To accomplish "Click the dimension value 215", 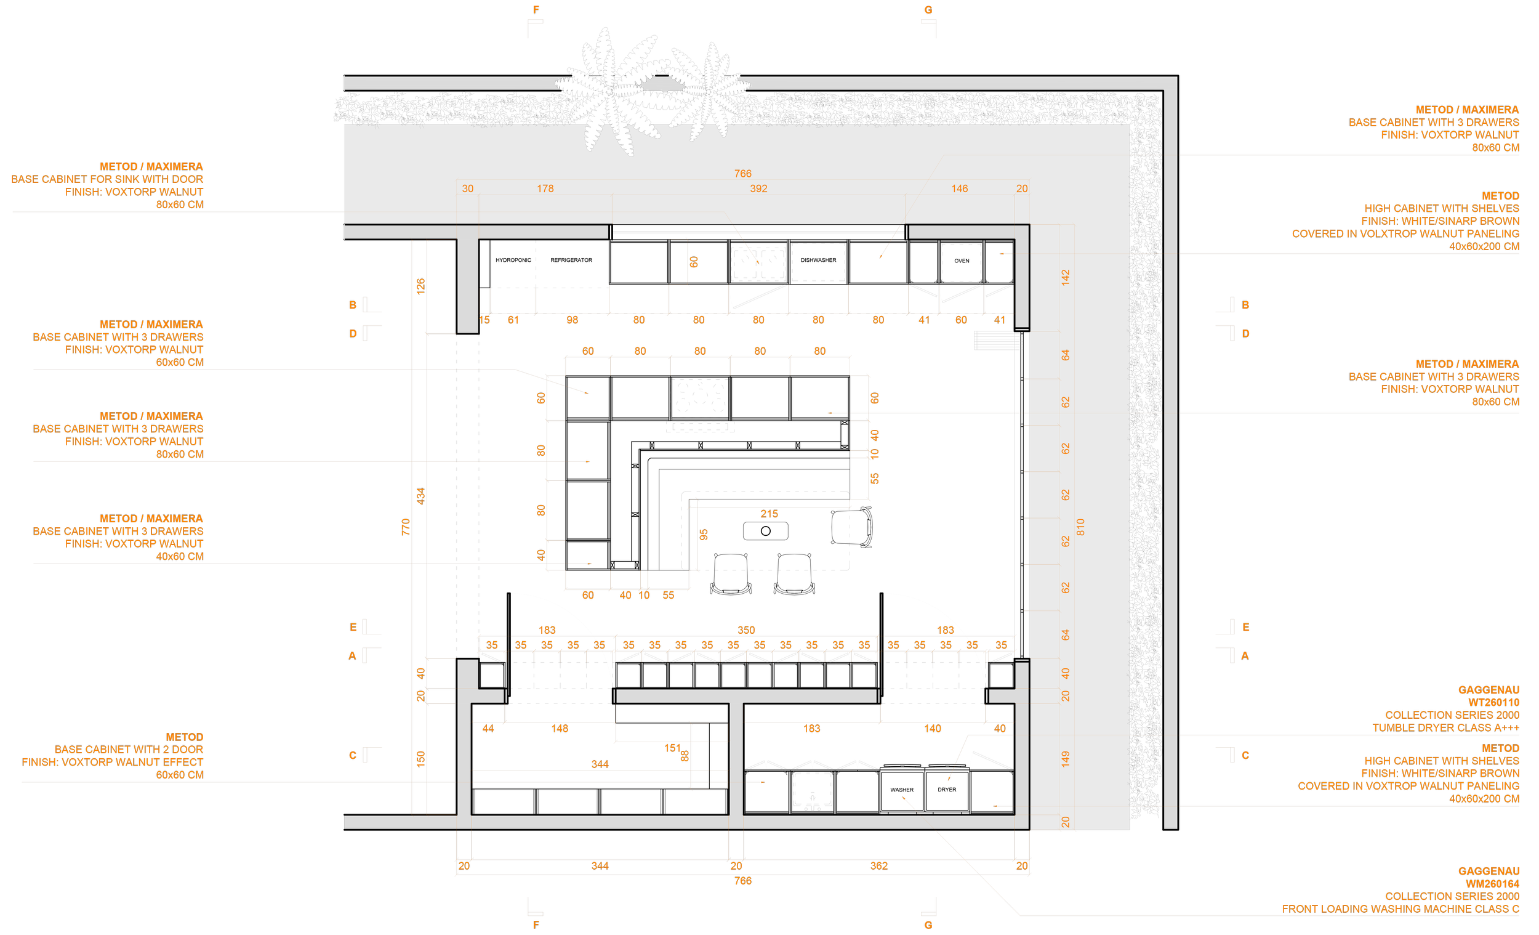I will [x=769, y=514].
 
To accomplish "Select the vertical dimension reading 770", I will [x=406, y=527].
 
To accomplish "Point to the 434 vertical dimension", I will [x=421, y=496].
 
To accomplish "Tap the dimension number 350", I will [x=745, y=630].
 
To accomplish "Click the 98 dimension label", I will [x=572, y=320].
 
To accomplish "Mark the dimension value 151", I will [x=672, y=748].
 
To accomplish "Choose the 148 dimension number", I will [x=560, y=729].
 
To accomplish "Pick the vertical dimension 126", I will [x=421, y=286].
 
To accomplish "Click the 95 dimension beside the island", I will [x=704, y=535].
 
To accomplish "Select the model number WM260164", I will [x=1492, y=884].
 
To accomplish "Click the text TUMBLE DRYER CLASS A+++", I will [x=1445, y=727].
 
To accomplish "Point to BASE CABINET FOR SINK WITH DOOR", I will [x=108, y=179].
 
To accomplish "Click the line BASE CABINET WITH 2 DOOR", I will [x=129, y=750].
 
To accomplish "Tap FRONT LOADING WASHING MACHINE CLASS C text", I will [x=1400, y=909].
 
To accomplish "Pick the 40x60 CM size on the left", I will [x=179, y=556].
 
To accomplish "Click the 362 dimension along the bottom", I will [x=879, y=865].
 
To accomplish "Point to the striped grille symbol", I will [x=997, y=341].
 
